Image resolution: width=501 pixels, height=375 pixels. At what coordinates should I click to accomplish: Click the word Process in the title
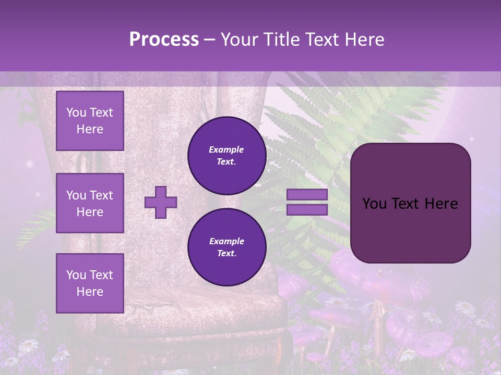point(164,40)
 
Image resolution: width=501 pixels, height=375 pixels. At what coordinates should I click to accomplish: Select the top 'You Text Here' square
point(90,121)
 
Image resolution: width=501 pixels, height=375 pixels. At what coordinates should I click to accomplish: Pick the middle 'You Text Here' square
point(90,203)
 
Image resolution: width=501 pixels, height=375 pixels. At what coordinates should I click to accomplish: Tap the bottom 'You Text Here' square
point(90,283)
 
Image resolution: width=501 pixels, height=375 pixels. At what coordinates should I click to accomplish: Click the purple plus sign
point(161,202)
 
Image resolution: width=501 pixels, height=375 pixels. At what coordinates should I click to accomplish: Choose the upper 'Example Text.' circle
point(227,155)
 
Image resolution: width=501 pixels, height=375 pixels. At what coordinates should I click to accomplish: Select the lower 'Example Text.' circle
point(227,247)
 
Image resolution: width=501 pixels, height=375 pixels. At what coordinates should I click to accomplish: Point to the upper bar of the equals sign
point(307,195)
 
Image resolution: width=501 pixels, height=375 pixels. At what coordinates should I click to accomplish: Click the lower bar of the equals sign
point(307,209)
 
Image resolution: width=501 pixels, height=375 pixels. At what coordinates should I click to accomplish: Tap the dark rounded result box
point(410,203)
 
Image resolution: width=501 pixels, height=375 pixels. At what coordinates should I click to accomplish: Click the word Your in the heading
point(238,40)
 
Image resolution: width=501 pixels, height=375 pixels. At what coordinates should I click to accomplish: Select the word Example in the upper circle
point(226,149)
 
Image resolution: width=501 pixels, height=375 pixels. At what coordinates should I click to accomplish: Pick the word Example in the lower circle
point(226,241)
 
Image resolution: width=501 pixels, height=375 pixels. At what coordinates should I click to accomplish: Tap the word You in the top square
point(76,113)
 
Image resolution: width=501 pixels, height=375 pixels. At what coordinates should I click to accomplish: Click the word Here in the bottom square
point(90,292)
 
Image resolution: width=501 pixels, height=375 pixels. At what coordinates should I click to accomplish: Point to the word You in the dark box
point(374,204)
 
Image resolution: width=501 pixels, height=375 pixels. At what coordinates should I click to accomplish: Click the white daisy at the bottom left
point(29,344)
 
